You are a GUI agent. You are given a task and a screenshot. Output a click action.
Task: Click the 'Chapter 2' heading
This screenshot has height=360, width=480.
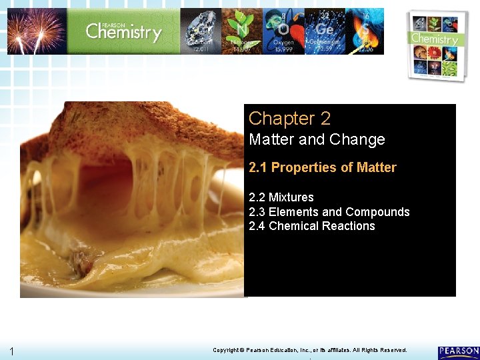tap(289, 119)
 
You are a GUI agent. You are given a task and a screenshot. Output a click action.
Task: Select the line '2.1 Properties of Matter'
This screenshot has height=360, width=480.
tap(323, 167)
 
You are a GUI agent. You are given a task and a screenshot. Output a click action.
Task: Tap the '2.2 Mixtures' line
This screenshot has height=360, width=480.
tap(281, 197)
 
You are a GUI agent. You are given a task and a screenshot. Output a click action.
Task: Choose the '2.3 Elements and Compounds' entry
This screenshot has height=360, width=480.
tap(329, 212)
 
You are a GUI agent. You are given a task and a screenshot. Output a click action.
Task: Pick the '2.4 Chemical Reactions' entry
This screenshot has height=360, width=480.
tap(312, 226)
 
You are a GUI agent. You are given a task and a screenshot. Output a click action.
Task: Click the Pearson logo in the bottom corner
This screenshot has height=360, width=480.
tap(458, 351)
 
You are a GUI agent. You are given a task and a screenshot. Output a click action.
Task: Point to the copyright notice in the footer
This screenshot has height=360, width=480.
tap(309, 350)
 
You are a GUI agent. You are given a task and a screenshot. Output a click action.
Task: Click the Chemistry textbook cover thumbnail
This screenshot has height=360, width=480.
tap(437, 45)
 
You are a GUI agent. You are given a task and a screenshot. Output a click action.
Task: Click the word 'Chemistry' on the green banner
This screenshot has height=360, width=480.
tap(123, 31)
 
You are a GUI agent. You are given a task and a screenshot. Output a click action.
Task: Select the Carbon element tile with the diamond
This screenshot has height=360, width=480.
tap(201, 31)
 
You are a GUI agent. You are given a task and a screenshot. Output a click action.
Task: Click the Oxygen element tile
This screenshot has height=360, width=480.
tap(283, 31)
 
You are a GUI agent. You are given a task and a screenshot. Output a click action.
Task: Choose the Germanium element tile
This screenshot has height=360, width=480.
tap(324, 31)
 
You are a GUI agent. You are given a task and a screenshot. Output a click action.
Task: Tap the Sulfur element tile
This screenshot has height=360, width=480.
tap(364, 31)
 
